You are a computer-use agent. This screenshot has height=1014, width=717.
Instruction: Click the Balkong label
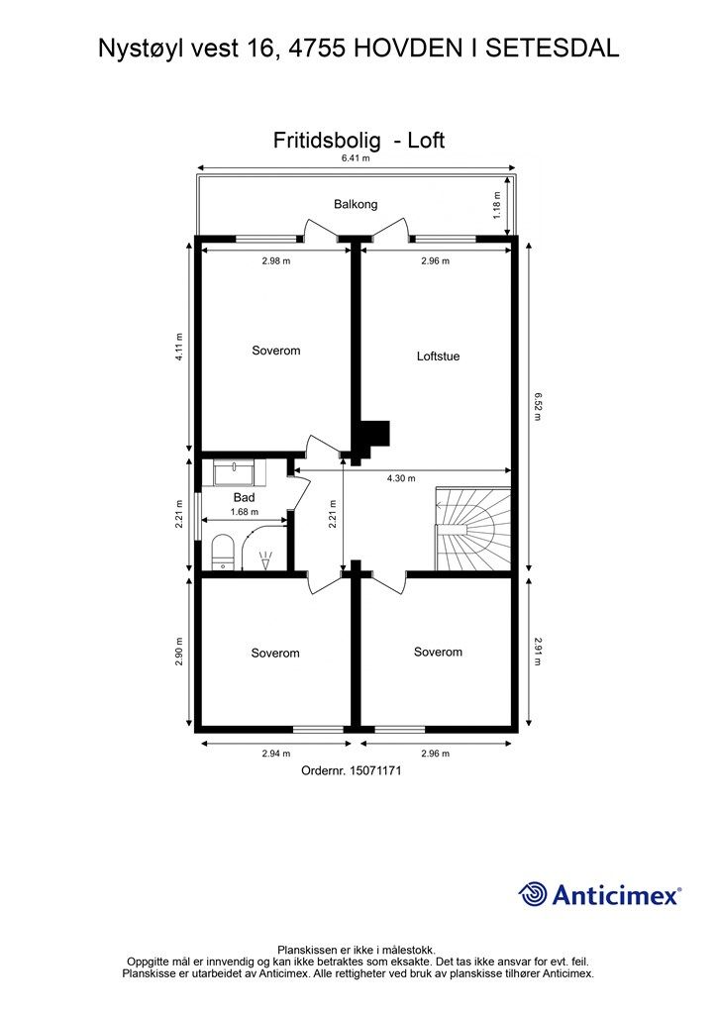pyautogui.click(x=356, y=204)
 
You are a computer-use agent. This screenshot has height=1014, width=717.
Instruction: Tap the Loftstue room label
pyautogui.click(x=438, y=356)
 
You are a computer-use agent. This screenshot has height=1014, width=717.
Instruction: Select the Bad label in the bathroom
pyautogui.click(x=245, y=497)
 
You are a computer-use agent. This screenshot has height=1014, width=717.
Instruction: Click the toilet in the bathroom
pyautogui.click(x=223, y=552)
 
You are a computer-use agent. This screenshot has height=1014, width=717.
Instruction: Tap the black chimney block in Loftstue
pyautogui.click(x=373, y=437)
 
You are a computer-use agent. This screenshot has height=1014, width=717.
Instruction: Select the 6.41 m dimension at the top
pyautogui.click(x=356, y=158)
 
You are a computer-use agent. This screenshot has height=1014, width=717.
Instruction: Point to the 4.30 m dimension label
pyautogui.click(x=400, y=479)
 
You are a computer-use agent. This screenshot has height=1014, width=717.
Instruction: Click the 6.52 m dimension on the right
pyautogui.click(x=537, y=406)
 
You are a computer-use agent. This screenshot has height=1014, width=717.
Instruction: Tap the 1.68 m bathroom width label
pyautogui.click(x=244, y=512)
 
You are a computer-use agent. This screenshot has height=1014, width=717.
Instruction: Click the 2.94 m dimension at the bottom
pyautogui.click(x=274, y=754)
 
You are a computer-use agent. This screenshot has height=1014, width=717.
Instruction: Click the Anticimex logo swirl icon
pyautogui.click(x=533, y=893)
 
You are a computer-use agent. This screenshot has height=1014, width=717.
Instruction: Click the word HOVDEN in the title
pyautogui.click(x=404, y=47)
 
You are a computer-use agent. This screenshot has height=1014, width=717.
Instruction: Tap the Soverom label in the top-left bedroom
pyautogui.click(x=275, y=351)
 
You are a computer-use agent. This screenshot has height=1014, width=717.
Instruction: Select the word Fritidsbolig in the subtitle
pyautogui.click(x=326, y=141)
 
